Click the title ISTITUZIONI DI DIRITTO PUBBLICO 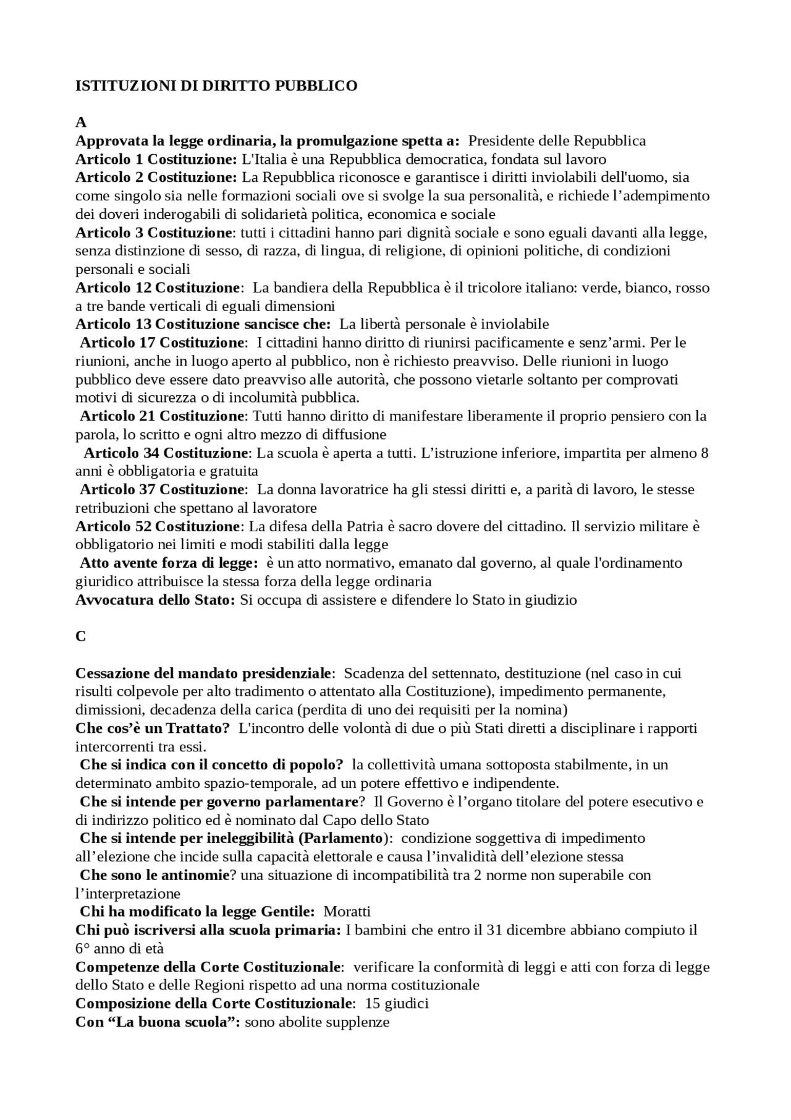(x=216, y=86)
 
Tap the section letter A (x=80, y=122)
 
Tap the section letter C (x=80, y=636)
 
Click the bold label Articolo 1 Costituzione (x=156, y=159)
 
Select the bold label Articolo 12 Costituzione (x=158, y=288)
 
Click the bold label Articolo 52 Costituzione (x=158, y=526)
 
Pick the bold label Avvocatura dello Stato (x=155, y=600)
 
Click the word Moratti (x=347, y=912)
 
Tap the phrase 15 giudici (x=397, y=1003)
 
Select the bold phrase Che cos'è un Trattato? (x=153, y=728)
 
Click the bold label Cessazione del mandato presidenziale (x=203, y=673)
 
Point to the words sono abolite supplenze (x=317, y=1022)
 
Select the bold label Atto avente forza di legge (x=169, y=563)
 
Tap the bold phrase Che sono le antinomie (x=154, y=875)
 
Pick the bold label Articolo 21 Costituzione (x=163, y=416)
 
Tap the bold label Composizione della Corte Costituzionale (x=213, y=1003)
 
